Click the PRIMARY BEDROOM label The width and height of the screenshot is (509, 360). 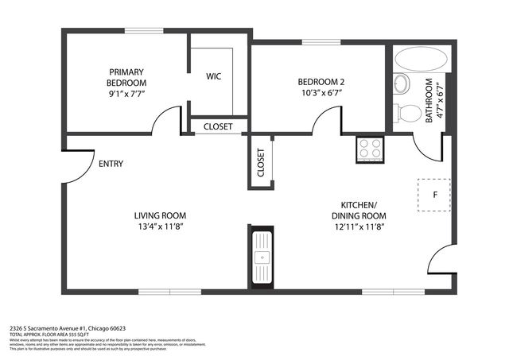[126, 75]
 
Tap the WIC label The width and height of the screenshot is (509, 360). [213, 76]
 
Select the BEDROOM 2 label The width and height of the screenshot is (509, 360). [320, 82]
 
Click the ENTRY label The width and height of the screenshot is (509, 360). [111, 165]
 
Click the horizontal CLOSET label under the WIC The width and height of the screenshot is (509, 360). [217, 126]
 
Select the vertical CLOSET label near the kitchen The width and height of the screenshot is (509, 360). [261, 162]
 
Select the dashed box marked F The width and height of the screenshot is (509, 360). [434, 194]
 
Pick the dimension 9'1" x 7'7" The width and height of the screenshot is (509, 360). [126, 94]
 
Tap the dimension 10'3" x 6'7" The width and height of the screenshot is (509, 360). [320, 94]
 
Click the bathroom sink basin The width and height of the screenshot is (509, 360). [401, 83]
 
